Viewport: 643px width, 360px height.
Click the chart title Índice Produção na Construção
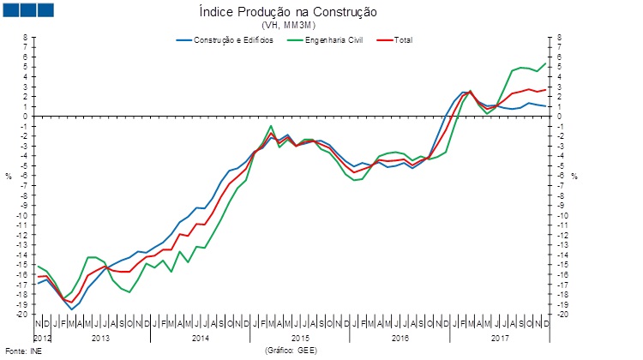(x=323, y=13)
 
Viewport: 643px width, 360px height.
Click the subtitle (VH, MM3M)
(x=323, y=26)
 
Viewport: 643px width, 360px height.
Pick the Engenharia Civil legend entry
(x=331, y=40)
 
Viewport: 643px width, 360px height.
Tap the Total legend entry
(x=402, y=40)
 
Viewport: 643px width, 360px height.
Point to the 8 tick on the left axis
(x=26, y=38)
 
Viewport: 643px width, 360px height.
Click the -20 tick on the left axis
(x=24, y=315)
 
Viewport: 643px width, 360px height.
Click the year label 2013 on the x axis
(x=100, y=339)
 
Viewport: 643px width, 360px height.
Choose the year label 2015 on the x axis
(x=300, y=339)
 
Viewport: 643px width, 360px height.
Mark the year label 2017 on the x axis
(x=500, y=339)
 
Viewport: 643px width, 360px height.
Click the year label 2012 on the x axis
(x=43, y=339)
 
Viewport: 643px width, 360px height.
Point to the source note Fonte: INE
(x=23, y=351)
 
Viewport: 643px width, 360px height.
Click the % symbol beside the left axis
(x=9, y=177)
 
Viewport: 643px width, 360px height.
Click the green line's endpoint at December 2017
(x=546, y=63)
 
